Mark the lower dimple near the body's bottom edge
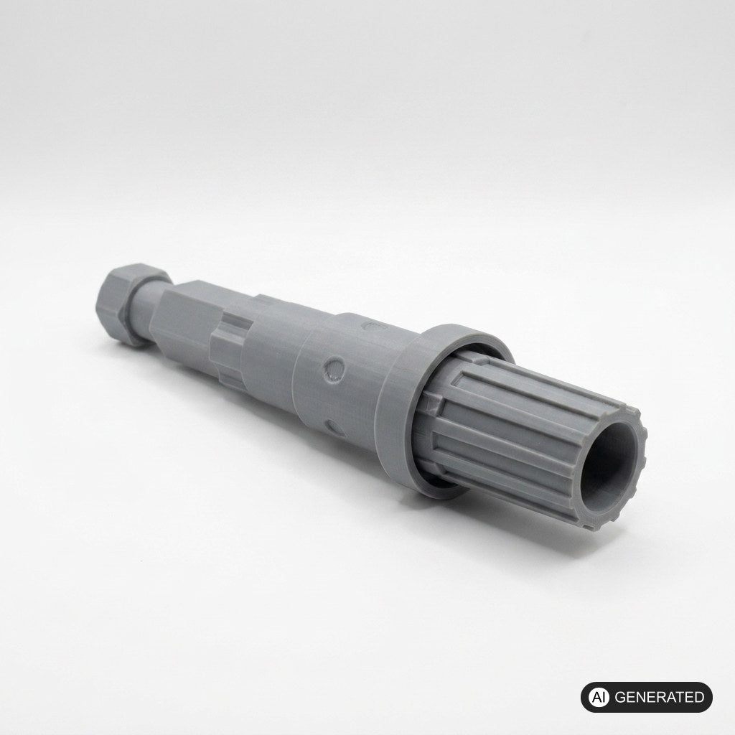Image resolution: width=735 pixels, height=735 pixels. (x=336, y=426)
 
